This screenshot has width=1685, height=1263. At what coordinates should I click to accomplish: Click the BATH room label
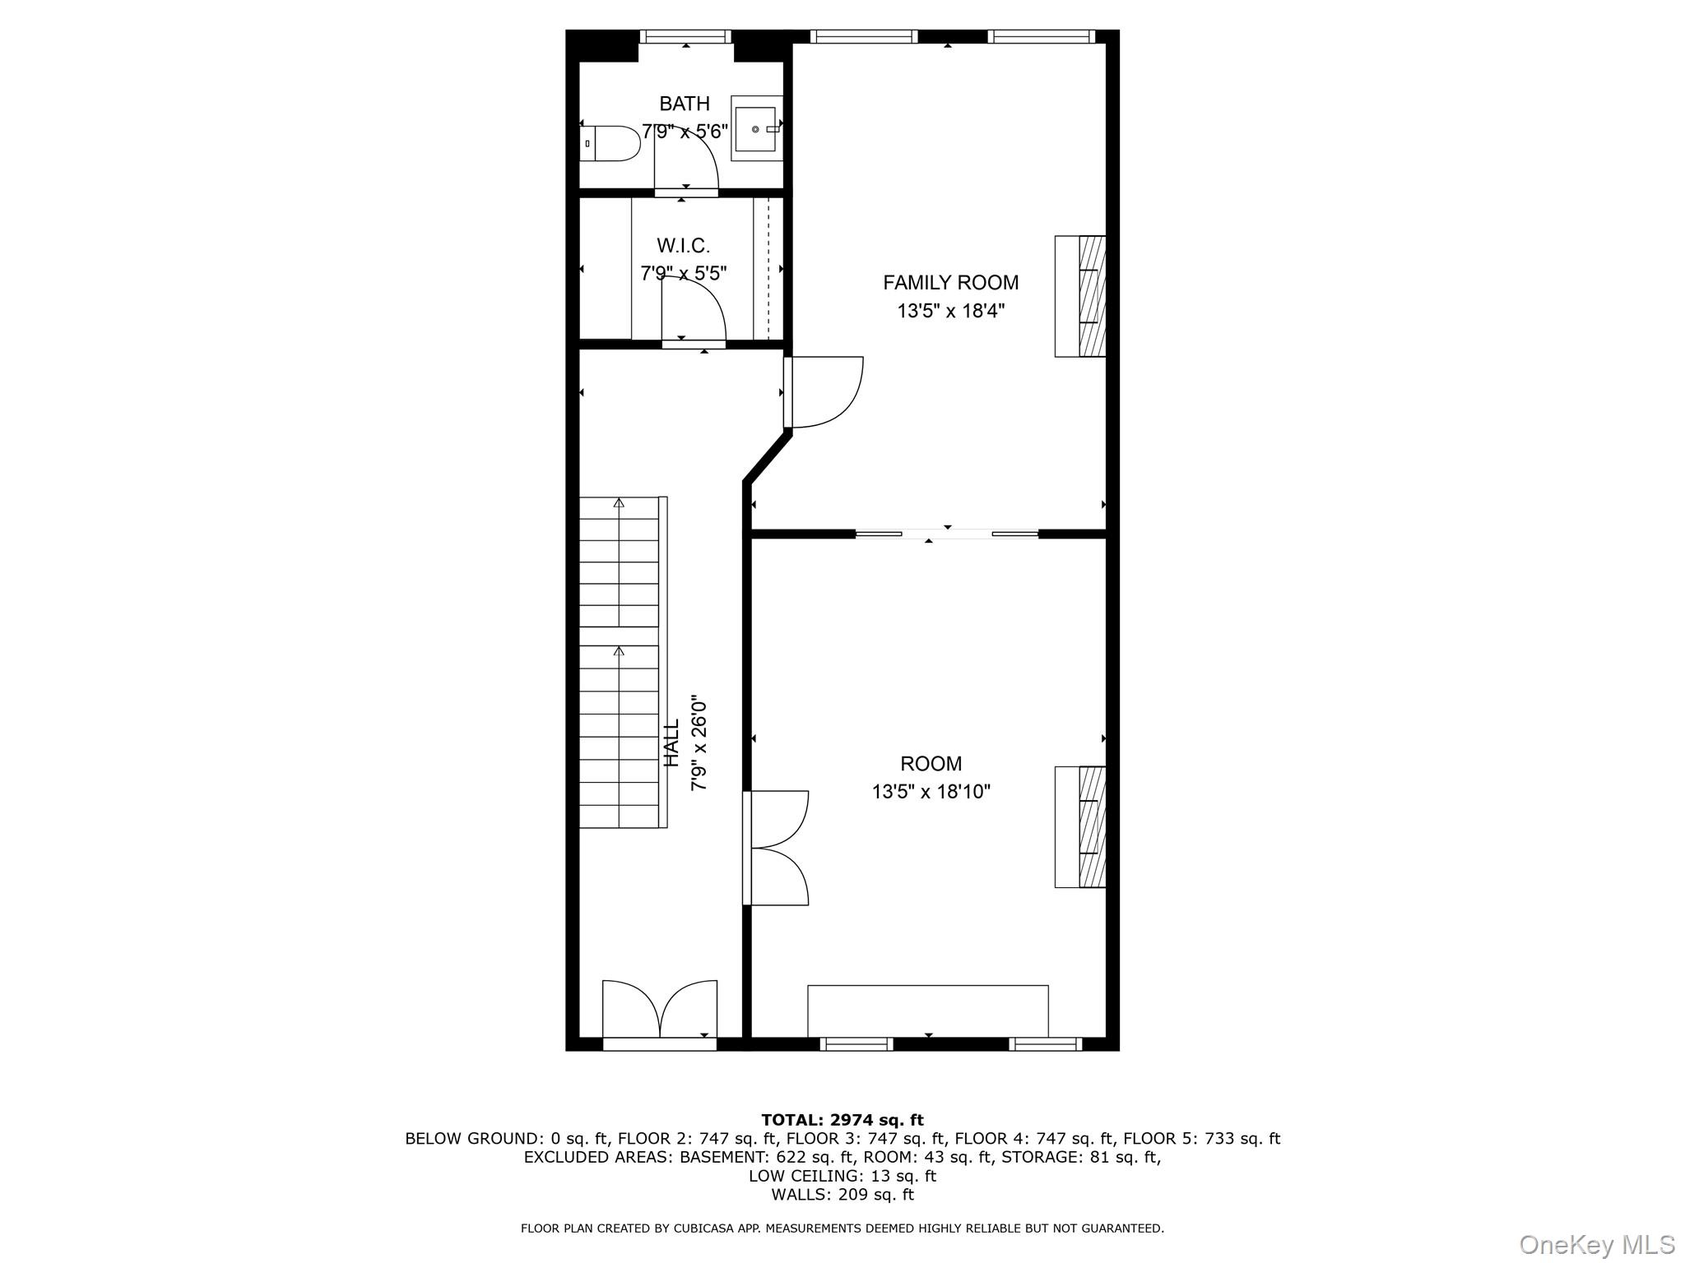tap(685, 104)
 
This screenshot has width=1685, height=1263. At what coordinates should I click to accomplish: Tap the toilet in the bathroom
tap(610, 143)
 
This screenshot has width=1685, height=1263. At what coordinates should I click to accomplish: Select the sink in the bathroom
tap(756, 129)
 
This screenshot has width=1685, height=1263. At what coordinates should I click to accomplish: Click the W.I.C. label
tap(683, 245)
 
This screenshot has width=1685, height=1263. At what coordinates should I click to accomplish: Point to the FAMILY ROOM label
tap(950, 283)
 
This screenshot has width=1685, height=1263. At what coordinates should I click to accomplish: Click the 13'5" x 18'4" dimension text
tap(951, 311)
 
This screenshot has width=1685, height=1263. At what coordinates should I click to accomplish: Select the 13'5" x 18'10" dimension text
tap(931, 792)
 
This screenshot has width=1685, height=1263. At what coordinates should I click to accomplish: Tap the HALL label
tap(672, 743)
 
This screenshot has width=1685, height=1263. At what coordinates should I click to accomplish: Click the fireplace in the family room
tap(1080, 296)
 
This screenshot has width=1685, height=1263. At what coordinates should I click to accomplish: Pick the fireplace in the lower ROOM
tap(1080, 827)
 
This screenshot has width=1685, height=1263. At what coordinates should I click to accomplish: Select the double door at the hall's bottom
tap(660, 1014)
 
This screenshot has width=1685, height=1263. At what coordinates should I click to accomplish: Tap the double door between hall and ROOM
tap(776, 848)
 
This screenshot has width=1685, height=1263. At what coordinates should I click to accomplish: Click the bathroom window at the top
tap(685, 36)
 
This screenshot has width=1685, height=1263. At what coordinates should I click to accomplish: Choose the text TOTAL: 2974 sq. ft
tap(842, 1120)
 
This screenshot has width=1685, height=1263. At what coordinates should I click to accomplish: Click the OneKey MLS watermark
tap(1597, 1244)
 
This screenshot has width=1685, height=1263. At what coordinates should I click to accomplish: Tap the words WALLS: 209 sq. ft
tap(842, 1195)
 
